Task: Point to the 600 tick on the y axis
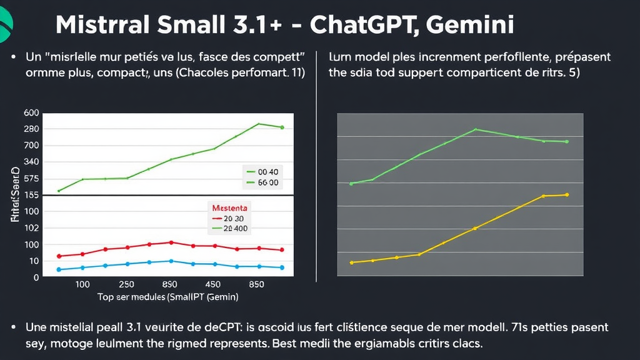coord(31,113)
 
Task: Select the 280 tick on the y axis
coord(31,129)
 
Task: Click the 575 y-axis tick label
coord(31,179)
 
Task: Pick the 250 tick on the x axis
coord(126,284)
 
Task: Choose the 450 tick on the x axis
coord(213,284)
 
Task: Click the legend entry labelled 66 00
coord(262,183)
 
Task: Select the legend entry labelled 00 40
coord(262,170)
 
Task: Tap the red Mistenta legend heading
coord(230,207)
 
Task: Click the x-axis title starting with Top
coord(168,297)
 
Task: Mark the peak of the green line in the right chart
coord(476,129)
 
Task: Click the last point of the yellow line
coord(567,195)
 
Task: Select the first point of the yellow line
coord(352,262)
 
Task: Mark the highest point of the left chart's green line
coord(259,124)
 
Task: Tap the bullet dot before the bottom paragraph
coord(14,327)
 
